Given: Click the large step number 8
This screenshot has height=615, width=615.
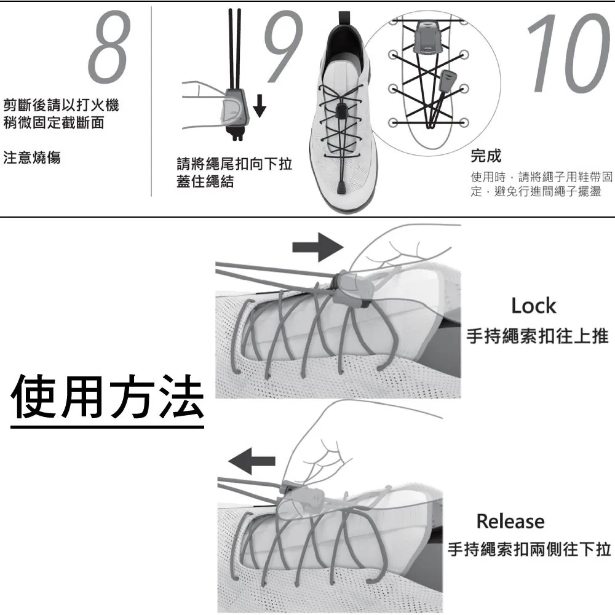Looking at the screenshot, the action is (x=109, y=47).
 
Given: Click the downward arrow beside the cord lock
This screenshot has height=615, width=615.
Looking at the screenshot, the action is (x=260, y=105).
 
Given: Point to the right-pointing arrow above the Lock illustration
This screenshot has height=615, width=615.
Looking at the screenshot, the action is (x=318, y=247).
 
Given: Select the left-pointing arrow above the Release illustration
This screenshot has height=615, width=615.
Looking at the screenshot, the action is (x=252, y=461).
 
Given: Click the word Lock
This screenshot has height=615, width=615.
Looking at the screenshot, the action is (x=534, y=306).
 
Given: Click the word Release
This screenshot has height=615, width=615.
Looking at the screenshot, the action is (x=510, y=522).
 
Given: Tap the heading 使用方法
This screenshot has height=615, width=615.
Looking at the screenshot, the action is (x=107, y=396).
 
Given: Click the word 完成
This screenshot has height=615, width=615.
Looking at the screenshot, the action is (x=486, y=156).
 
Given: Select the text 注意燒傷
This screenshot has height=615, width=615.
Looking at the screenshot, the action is (x=32, y=157).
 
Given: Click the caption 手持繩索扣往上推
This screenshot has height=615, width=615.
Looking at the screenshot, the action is (x=538, y=336).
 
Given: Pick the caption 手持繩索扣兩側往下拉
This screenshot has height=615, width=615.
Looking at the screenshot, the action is (x=530, y=549).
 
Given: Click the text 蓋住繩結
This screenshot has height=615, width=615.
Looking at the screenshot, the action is (x=205, y=181).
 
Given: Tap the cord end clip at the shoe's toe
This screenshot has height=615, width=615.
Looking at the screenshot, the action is (x=341, y=187).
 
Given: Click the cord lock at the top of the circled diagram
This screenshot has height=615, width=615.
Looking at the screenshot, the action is (x=426, y=38).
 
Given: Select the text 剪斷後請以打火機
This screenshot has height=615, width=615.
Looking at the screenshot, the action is (x=61, y=105).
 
